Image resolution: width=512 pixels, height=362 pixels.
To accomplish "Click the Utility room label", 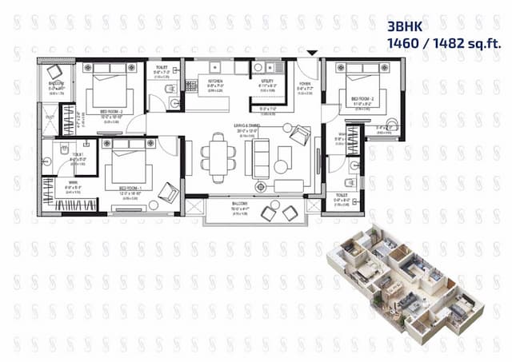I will [266, 82].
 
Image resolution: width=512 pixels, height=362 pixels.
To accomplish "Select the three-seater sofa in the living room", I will [262, 158].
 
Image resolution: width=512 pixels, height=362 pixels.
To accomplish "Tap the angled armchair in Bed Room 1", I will [168, 192].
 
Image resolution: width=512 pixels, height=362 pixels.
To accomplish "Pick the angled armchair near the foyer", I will [299, 137].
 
